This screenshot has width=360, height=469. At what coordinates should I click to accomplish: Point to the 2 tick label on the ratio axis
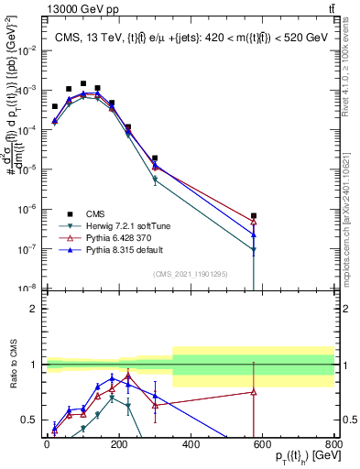tap(34, 309)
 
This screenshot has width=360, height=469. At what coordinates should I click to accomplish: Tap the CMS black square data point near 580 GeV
tap(254, 216)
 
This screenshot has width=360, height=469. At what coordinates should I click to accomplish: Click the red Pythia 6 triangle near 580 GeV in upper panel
tap(254, 222)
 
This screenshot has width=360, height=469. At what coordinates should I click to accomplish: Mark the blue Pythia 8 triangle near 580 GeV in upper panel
tap(254, 235)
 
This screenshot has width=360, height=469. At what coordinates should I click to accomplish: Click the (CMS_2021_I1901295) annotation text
tap(191, 274)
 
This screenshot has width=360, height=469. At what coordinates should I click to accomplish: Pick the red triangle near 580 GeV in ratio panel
tap(254, 392)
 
